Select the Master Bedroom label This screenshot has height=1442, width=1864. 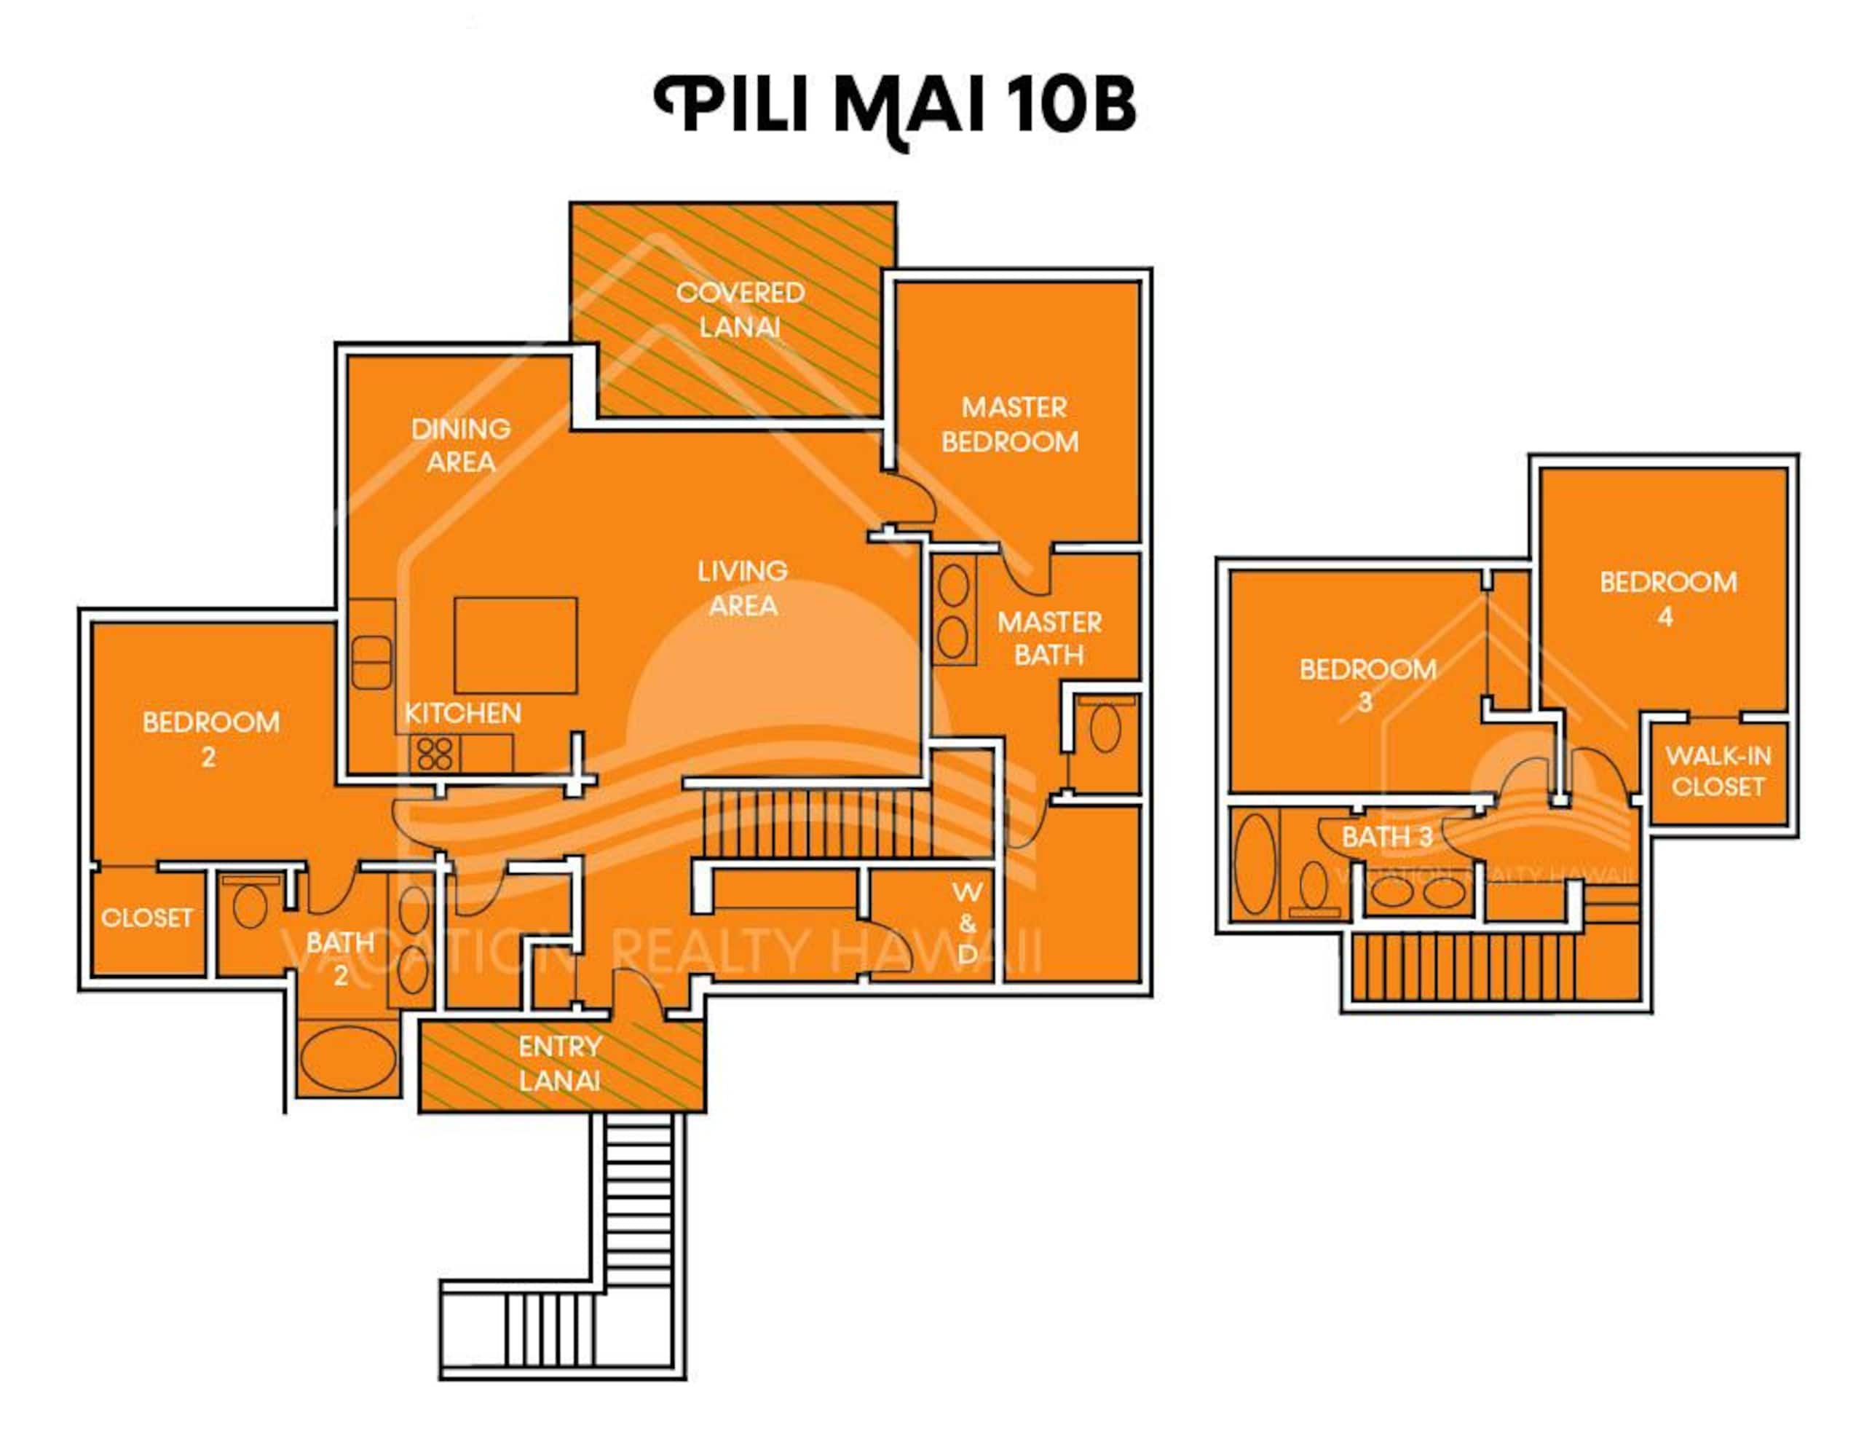pyautogui.click(x=1011, y=425)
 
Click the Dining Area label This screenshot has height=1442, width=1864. pyautogui.click(x=461, y=445)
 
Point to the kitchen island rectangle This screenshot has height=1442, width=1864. pyautogui.click(x=516, y=645)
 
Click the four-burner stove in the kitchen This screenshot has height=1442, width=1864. pyautogui.click(x=435, y=753)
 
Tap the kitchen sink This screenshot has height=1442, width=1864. pyautogui.click(x=371, y=663)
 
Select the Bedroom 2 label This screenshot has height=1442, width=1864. pyautogui.click(x=211, y=739)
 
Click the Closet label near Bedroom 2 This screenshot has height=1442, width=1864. pyautogui.click(x=147, y=917)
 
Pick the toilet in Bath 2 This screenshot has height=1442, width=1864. pyautogui.click(x=249, y=903)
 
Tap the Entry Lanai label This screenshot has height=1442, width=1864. pyautogui.click(x=560, y=1063)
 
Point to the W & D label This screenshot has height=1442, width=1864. pyautogui.click(x=967, y=922)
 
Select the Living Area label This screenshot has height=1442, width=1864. pyautogui.click(x=743, y=588)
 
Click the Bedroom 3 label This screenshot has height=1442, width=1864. pyautogui.click(x=1367, y=685)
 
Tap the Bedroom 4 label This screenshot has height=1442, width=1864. pyautogui.click(x=1667, y=599)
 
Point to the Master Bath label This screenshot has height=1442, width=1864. pyautogui.click(x=1050, y=638)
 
